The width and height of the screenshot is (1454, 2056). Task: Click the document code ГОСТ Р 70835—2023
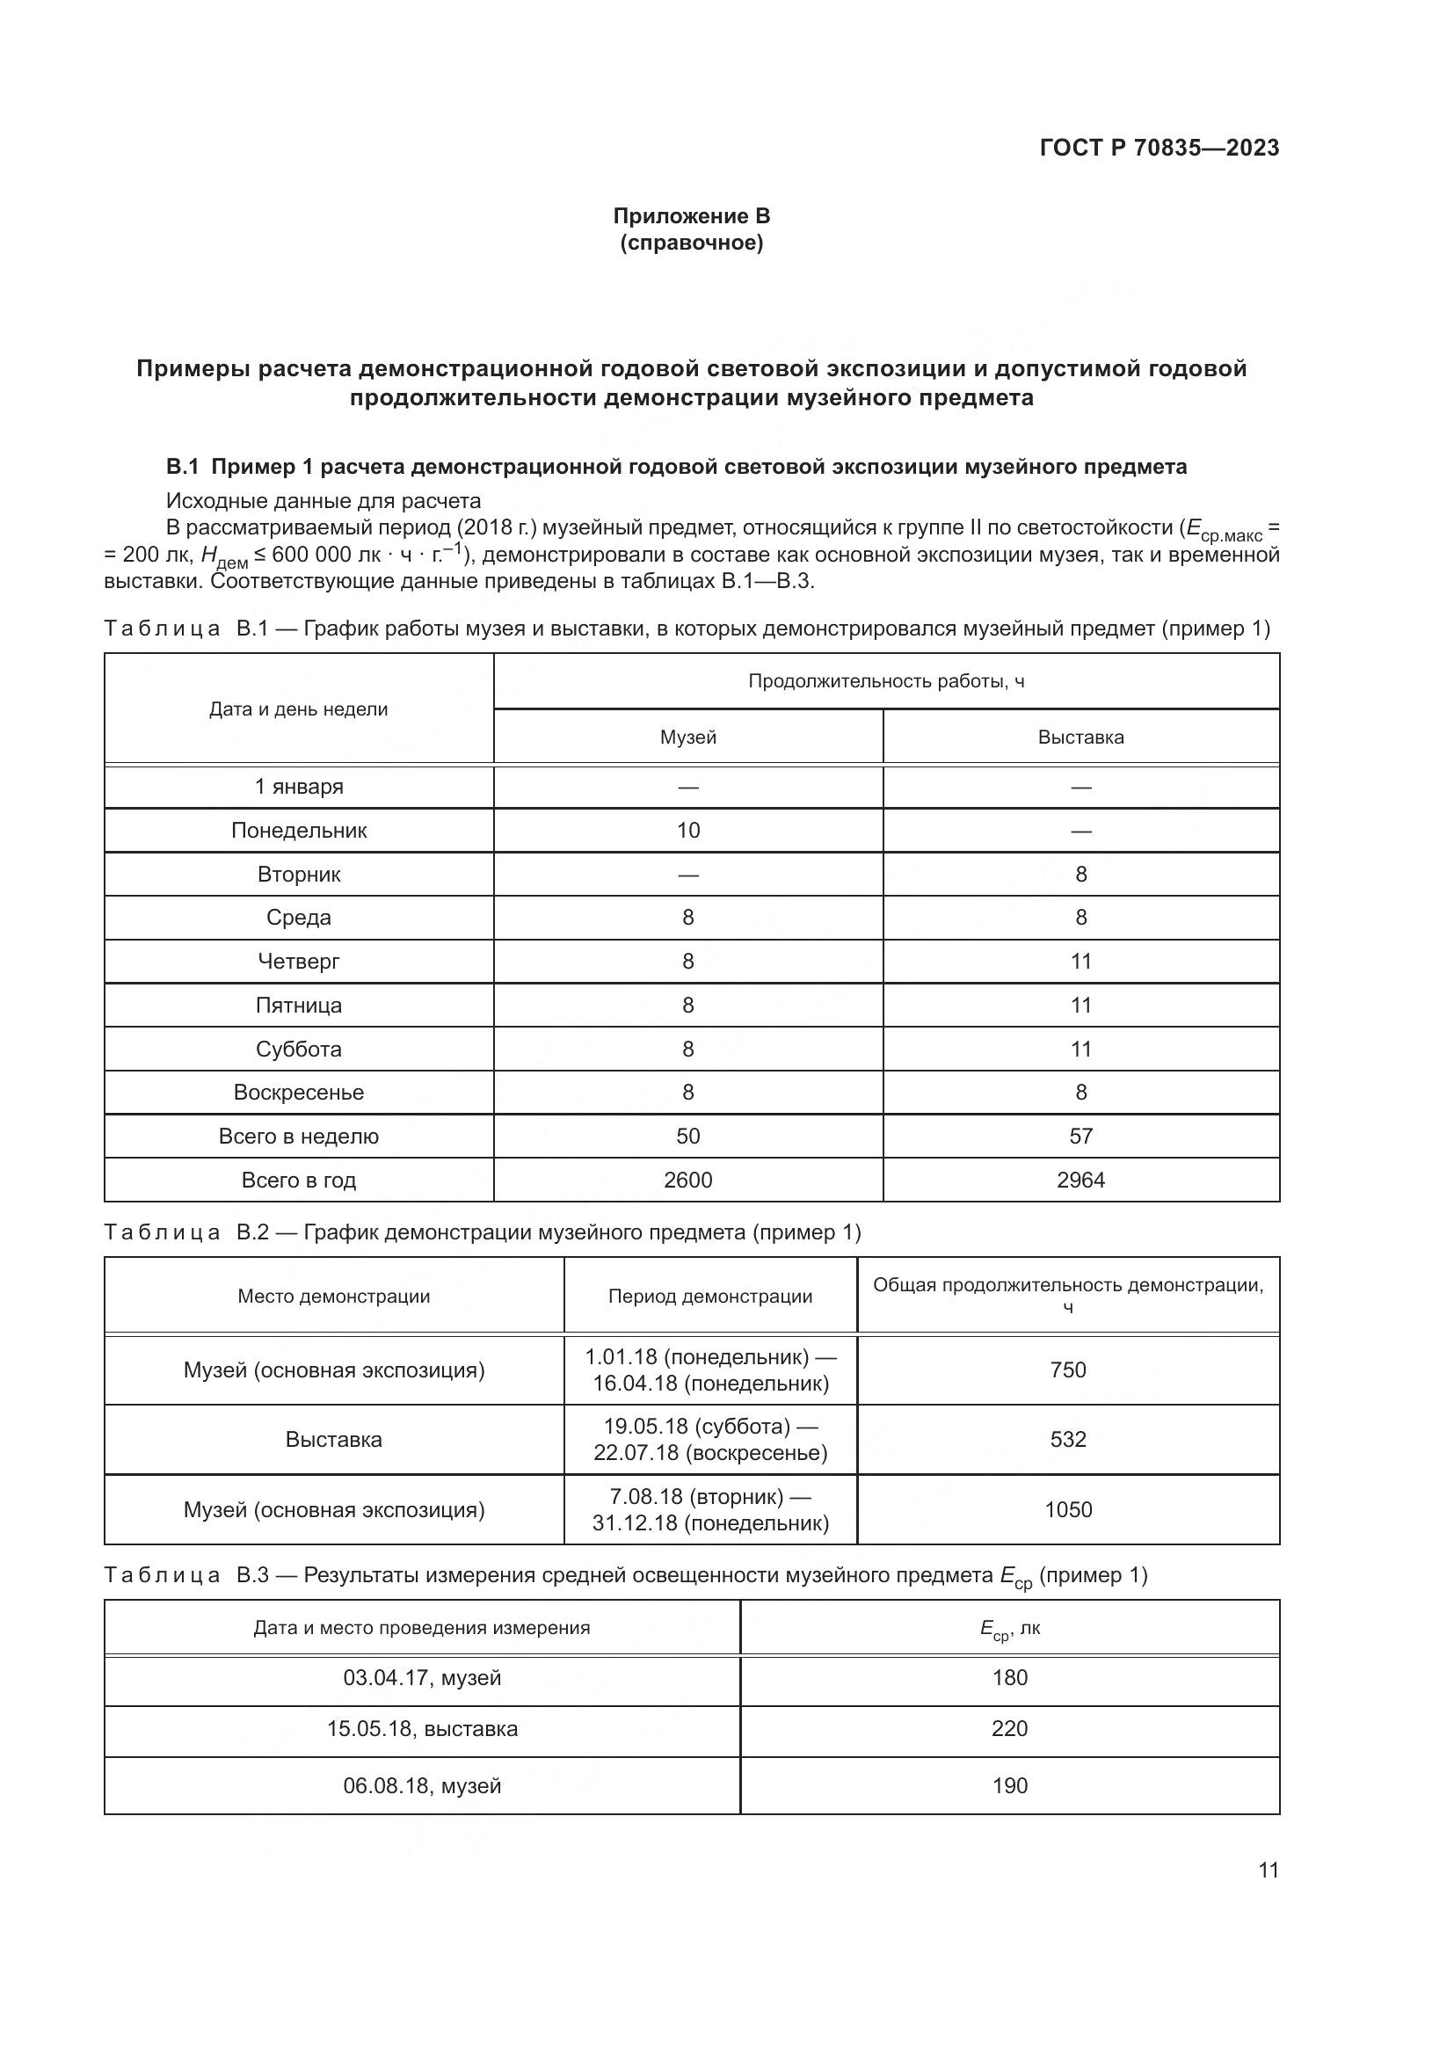click(x=1160, y=148)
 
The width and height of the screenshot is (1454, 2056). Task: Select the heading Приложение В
click(x=691, y=216)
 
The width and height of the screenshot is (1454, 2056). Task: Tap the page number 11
click(x=1268, y=1870)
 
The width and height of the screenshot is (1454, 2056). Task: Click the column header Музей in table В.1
click(x=687, y=737)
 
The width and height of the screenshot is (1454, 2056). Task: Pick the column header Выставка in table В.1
click(x=1080, y=737)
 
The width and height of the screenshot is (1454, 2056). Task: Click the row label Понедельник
click(x=299, y=830)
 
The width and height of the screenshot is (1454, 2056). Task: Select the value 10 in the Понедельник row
click(x=687, y=830)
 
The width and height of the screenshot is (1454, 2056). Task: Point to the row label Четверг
click(x=299, y=961)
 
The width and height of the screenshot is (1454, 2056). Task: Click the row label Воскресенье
click(x=299, y=1093)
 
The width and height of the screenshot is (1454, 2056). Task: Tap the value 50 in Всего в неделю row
click(x=687, y=1137)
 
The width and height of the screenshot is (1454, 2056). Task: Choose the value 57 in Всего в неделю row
click(x=1080, y=1137)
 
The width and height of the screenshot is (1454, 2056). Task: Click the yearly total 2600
click(x=687, y=1181)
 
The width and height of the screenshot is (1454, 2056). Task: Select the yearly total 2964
click(x=1080, y=1181)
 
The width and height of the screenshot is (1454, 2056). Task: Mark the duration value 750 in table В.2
click(x=1068, y=1370)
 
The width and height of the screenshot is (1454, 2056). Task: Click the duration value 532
click(x=1068, y=1440)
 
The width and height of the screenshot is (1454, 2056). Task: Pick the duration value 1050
click(x=1068, y=1510)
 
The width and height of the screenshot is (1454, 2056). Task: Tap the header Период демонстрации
click(x=710, y=1297)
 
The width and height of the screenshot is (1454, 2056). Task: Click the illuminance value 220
click(x=1010, y=1728)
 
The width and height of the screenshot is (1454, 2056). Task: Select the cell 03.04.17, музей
click(x=422, y=1678)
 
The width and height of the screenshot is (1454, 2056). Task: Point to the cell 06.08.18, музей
click(x=422, y=1786)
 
